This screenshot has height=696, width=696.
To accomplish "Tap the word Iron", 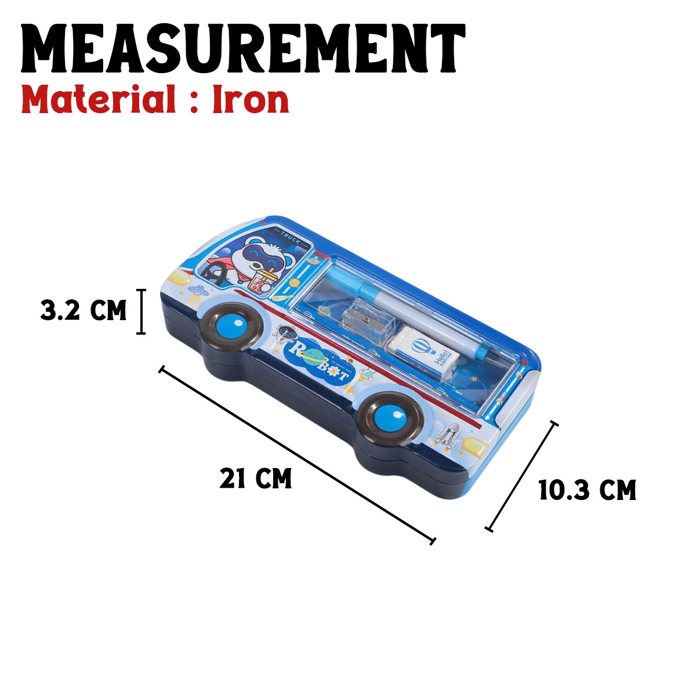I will click(251, 100).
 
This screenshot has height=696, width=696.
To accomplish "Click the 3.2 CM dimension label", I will click(84, 311).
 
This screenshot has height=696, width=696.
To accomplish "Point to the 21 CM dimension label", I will click(255, 479).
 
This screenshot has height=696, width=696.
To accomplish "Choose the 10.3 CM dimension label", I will click(587, 491).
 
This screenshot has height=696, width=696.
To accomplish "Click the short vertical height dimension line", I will click(140, 311).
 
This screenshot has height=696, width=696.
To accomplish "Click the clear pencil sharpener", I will click(366, 321).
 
